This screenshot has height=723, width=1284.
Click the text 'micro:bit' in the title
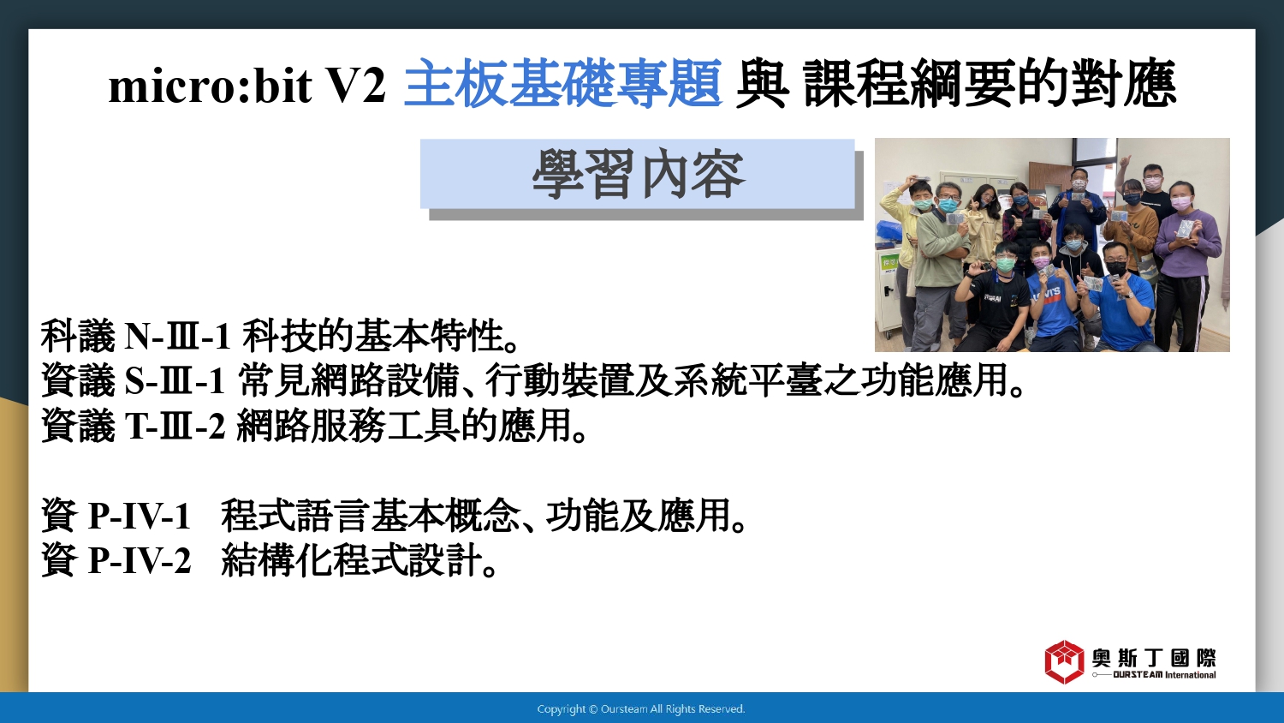(210, 86)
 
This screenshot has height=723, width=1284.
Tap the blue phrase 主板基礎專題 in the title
(563, 84)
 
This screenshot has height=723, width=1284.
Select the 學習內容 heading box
(638, 174)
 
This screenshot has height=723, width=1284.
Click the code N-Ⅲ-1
(177, 337)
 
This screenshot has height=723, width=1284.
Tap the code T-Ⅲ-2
(175, 426)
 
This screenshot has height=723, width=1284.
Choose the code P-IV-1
(139, 516)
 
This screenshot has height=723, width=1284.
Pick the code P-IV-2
(140, 560)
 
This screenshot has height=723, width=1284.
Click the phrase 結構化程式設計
(351, 560)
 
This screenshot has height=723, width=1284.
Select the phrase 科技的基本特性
(372, 337)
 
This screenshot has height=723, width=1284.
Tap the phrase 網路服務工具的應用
(404, 426)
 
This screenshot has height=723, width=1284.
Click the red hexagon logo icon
(1065, 662)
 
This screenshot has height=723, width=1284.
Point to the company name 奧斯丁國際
(1154, 658)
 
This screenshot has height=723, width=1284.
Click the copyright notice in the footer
(641, 709)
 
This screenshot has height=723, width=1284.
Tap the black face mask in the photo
(1116, 267)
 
